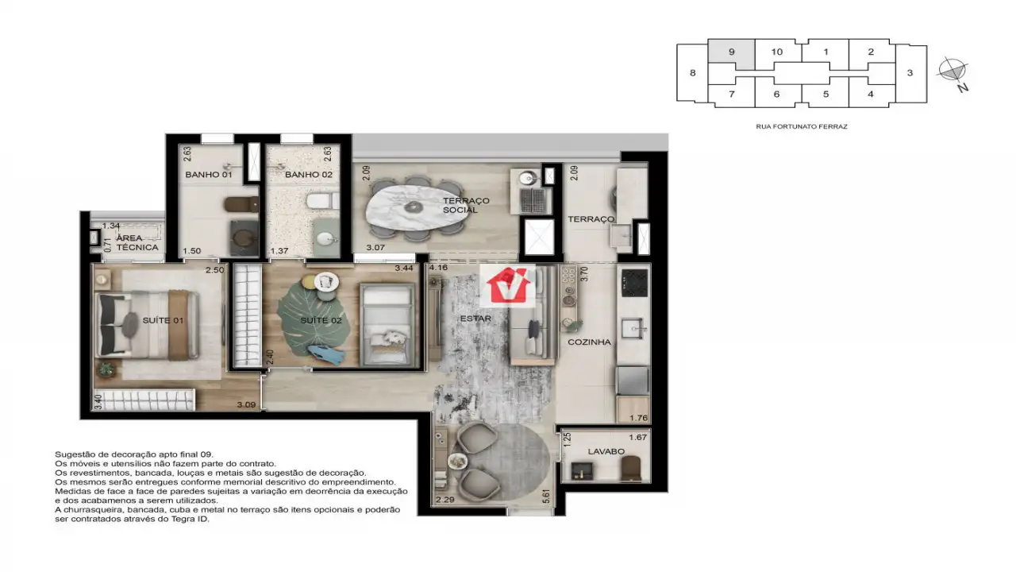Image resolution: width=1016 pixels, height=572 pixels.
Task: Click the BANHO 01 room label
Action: [x=209, y=175]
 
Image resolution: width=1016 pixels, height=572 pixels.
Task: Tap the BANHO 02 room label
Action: [x=309, y=175]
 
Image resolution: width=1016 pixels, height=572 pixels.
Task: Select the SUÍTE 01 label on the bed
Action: [x=163, y=320]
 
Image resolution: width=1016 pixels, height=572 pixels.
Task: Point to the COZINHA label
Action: [x=589, y=342]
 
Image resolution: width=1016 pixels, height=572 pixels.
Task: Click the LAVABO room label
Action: [x=606, y=452]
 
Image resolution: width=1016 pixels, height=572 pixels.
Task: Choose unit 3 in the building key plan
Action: [x=910, y=72]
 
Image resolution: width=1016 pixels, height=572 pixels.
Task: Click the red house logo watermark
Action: [x=508, y=285]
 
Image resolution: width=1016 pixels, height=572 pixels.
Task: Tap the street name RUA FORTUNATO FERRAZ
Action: [x=802, y=126]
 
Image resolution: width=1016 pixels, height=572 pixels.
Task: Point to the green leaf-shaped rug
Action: [x=313, y=318]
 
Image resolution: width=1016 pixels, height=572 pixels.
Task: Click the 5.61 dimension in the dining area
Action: [x=546, y=497]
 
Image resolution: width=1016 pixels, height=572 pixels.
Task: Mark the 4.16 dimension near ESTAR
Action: [x=438, y=268]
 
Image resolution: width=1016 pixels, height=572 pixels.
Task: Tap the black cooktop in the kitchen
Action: [x=634, y=282]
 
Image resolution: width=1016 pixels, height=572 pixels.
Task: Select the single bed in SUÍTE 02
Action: [x=387, y=325]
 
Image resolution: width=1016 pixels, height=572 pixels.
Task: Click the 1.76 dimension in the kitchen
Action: [x=639, y=418]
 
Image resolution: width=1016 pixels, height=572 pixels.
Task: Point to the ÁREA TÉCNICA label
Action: [x=137, y=243]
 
